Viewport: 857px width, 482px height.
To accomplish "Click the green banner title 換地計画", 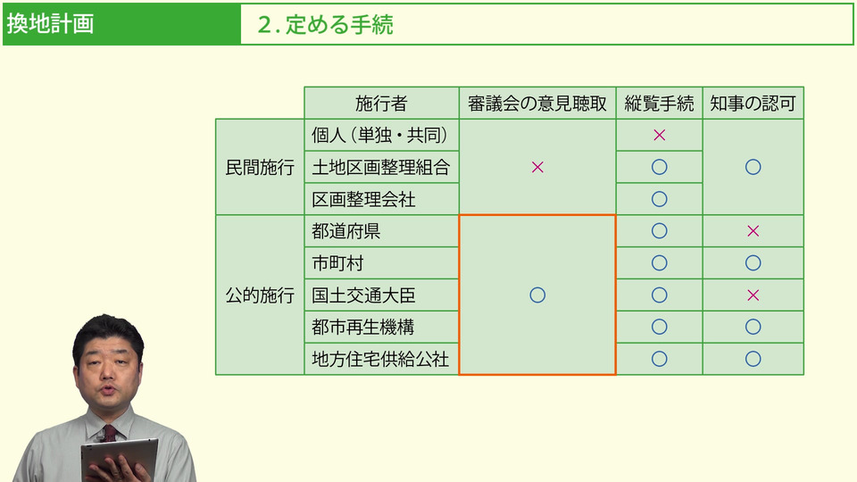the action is (x=50, y=24).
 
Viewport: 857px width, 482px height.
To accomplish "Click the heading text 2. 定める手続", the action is (x=325, y=25).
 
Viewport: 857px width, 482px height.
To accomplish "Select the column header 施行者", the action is (x=381, y=104).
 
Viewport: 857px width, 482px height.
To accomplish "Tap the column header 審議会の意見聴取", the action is (x=537, y=104).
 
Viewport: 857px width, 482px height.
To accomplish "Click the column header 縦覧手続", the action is (x=659, y=104).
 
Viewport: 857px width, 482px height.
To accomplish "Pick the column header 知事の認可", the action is (x=753, y=104).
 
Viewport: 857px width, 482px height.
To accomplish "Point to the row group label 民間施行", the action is (x=260, y=167).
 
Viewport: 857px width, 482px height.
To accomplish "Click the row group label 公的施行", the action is (x=260, y=295).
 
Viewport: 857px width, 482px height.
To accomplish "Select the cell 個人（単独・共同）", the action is (x=380, y=135).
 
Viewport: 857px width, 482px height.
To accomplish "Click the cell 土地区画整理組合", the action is (x=381, y=167).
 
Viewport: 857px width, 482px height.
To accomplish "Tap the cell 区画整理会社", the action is (x=363, y=199).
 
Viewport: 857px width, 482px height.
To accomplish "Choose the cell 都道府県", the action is (x=346, y=231).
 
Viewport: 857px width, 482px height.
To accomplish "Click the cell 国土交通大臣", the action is (x=363, y=295).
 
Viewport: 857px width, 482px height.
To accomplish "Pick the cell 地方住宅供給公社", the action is (x=380, y=359).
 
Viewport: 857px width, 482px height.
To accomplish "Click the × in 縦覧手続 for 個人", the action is (x=659, y=135).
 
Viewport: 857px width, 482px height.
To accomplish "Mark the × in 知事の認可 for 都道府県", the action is (x=753, y=231).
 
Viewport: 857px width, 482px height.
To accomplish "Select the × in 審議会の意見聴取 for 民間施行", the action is (x=537, y=167).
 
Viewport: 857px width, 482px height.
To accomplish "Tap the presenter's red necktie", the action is (x=110, y=434).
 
